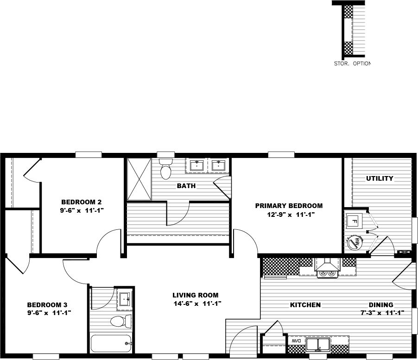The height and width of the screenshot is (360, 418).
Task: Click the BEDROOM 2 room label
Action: click(81, 202)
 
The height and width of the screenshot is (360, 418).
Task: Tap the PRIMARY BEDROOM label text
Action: click(289, 206)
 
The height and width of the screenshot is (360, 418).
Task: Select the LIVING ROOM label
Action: click(195, 295)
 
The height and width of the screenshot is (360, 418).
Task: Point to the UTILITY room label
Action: click(380, 178)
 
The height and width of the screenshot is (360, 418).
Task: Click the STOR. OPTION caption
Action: click(352, 63)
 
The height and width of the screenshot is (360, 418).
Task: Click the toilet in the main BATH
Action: click(165, 170)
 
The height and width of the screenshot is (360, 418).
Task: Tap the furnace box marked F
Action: click(354, 221)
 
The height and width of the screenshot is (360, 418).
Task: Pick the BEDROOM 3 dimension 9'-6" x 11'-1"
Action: click(49, 313)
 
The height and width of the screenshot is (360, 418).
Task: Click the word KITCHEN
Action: click(305, 305)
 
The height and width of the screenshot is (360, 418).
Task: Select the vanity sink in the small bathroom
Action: click(124, 299)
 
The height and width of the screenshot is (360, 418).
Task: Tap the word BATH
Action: click(186, 186)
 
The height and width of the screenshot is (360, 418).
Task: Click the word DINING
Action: click(381, 305)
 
